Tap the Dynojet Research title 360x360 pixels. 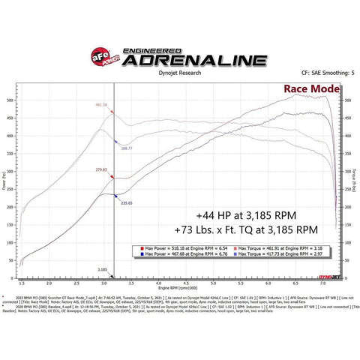(180, 73)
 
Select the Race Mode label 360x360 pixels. (310, 90)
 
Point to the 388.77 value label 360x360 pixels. (125, 148)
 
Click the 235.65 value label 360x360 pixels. (125, 202)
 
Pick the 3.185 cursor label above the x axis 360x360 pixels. (102, 268)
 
